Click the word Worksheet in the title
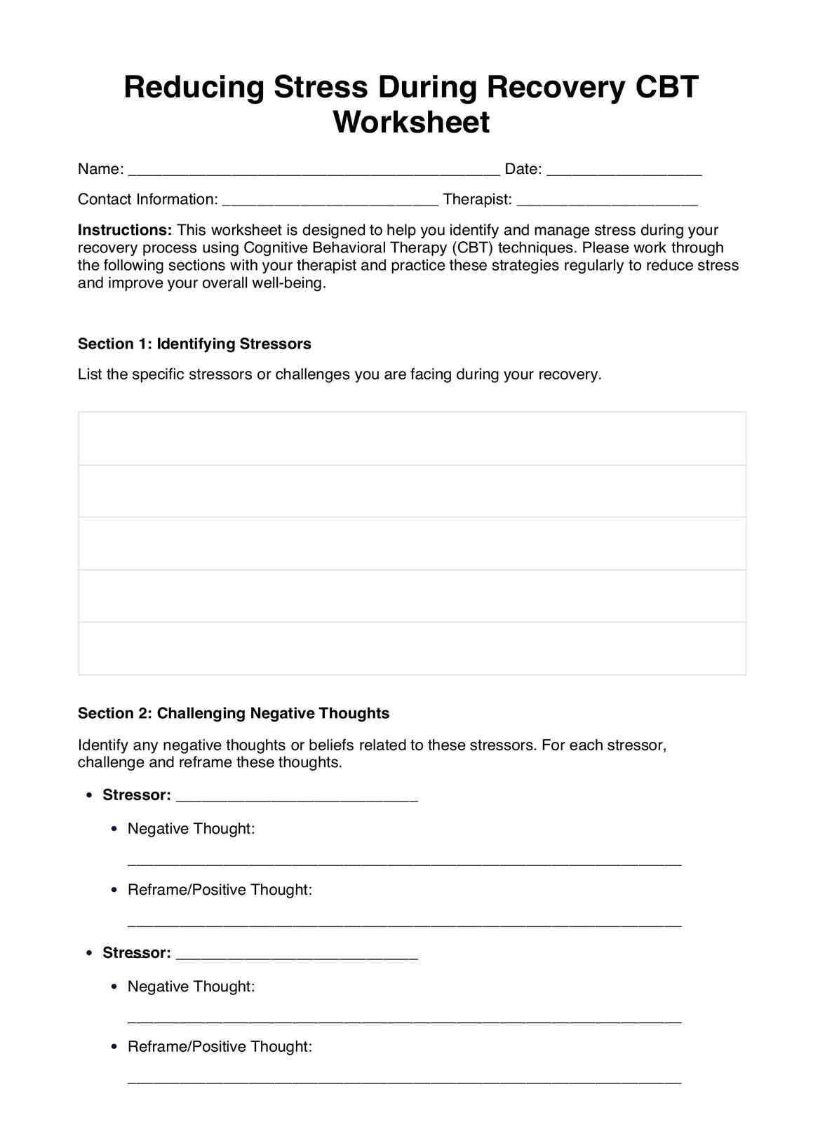[411, 122]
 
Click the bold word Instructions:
[125, 230]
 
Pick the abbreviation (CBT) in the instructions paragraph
[472, 248]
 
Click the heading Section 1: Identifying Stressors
[194, 344]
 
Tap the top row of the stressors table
[412, 438]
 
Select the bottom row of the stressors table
[412, 648]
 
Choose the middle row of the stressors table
[412, 543]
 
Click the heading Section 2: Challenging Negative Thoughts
[234, 713]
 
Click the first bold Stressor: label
[137, 794]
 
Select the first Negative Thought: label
[191, 828]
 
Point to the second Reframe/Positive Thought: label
[220, 1046]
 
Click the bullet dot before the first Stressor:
[88, 795]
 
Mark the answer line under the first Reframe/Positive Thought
[404, 925]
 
